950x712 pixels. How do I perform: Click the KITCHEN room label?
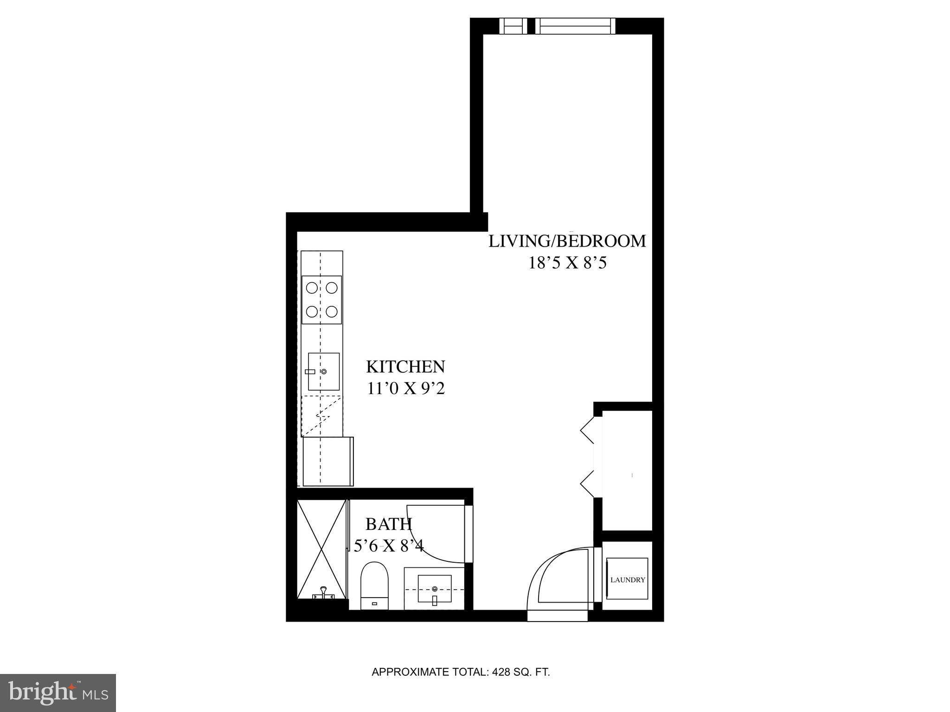(405, 367)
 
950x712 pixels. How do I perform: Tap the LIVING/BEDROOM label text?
(567, 242)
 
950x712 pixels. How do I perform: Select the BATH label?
(389, 524)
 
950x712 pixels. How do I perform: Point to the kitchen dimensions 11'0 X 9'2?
(406, 388)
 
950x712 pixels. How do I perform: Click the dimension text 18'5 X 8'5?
(567, 263)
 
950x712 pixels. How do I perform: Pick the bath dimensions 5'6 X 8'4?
(389, 546)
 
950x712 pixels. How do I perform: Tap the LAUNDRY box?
(627, 580)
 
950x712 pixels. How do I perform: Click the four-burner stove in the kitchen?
(321, 299)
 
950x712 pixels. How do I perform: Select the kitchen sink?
(323, 371)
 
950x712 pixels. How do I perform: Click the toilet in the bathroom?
(374, 585)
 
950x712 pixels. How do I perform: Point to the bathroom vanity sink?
(435, 589)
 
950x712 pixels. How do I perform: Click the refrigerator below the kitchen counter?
(327, 461)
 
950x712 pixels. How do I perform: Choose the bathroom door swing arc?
(436, 533)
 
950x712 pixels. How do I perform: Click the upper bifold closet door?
(587, 430)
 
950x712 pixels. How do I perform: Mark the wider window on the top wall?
(575, 25)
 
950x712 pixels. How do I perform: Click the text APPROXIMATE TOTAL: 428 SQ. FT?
(461, 672)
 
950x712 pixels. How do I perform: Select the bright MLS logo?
(58, 692)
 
